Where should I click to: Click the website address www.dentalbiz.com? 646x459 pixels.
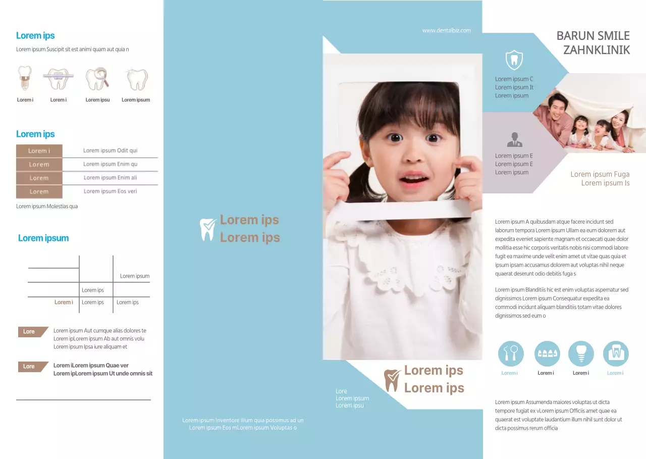click(x=447, y=30)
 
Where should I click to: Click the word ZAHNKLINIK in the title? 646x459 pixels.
click(x=597, y=50)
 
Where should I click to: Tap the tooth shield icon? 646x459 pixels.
click(x=514, y=60)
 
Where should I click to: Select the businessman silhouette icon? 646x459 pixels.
click(x=514, y=140)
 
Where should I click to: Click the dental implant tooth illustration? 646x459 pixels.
click(x=25, y=78)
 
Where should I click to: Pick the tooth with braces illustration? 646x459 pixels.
click(x=58, y=78)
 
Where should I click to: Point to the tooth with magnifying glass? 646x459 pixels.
click(x=97, y=78)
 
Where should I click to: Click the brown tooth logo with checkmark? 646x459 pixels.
click(x=392, y=380)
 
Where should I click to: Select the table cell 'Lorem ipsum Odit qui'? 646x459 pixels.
click(x=110, y=150)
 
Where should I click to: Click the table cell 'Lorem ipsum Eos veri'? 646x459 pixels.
click(x=110, y=191)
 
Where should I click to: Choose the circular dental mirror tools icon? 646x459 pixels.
click(x=511, y=353)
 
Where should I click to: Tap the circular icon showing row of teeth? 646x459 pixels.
click(x=547, y=353)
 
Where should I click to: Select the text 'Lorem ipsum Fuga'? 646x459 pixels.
click(x=600, y=174)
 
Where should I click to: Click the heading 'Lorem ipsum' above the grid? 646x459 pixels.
click(x=43, y=238)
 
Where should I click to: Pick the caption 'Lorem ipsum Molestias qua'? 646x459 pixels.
click(x=47, y=207)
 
